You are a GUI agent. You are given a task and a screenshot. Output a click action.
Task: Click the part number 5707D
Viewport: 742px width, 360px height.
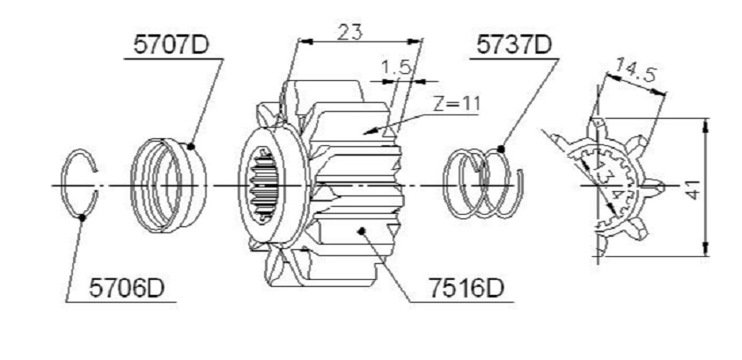click(x=171, y=46)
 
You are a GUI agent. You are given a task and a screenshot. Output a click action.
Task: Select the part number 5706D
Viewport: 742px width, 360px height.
click(x=127, y=288)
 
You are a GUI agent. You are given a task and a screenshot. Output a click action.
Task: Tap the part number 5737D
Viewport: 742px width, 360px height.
click(x=514, y=46)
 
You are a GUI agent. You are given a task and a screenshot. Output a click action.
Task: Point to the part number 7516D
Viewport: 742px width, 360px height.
click(x=467, y=288)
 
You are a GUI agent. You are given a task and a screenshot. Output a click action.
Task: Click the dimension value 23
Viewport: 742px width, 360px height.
click(x=350, y=33)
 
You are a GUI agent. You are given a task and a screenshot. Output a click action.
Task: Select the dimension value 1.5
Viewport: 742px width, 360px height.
click(x=395, y=67)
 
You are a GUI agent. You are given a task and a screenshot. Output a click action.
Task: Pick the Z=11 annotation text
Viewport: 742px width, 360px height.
click(x=457, y=104)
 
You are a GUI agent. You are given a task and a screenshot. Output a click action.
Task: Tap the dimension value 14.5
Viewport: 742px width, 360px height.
click(x=635, y=71)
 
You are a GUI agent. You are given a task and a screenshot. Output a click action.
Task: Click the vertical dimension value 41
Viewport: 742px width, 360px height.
click(x=693, y=188)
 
